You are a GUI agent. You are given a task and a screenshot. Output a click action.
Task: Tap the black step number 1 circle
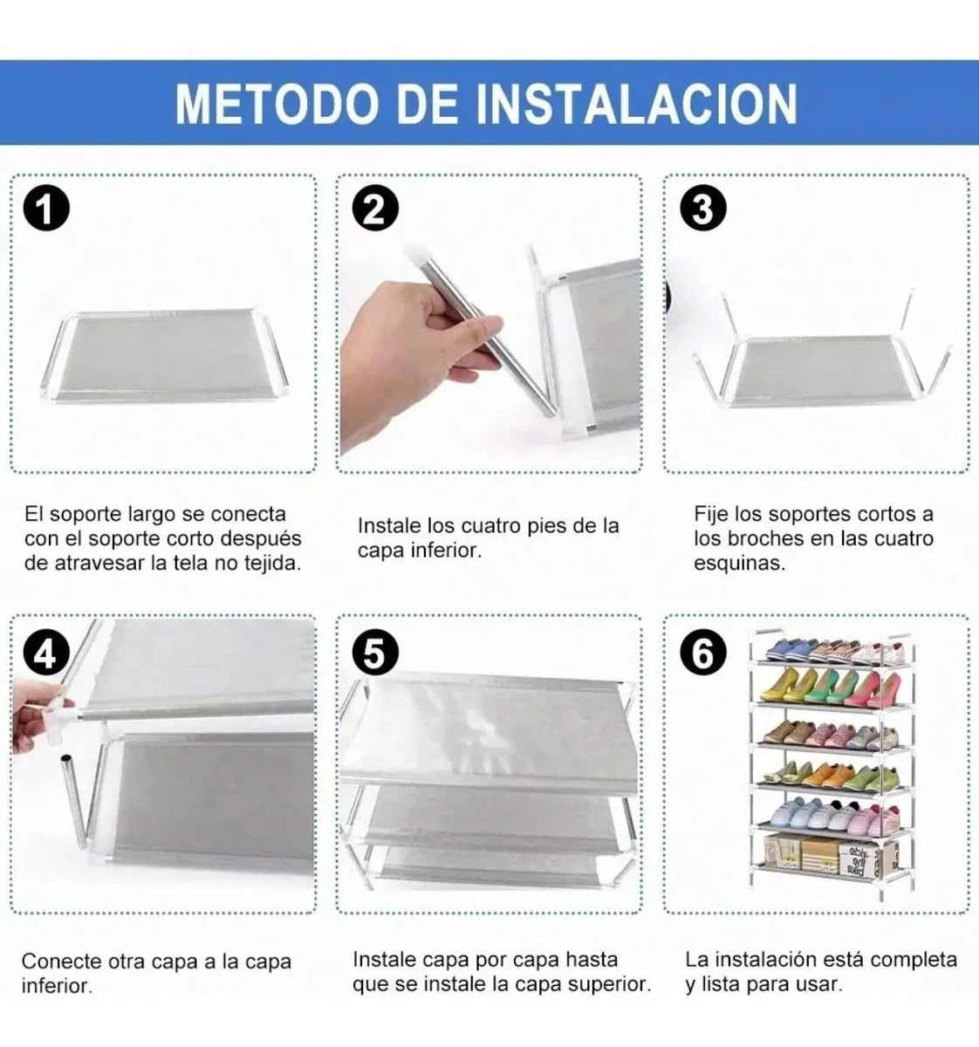pos(46,209)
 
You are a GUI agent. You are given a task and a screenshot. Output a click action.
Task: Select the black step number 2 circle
pos(375,209)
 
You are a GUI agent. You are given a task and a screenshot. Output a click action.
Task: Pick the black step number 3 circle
pos(702,209)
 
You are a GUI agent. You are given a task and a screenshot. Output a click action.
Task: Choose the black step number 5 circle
pos(375,654)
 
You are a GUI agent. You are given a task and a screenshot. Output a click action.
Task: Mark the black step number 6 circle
pos(702,654)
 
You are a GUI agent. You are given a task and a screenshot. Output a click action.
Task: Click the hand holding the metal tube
pos(417,359)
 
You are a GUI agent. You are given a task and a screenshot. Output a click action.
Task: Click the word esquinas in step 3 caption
pos(739,565)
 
